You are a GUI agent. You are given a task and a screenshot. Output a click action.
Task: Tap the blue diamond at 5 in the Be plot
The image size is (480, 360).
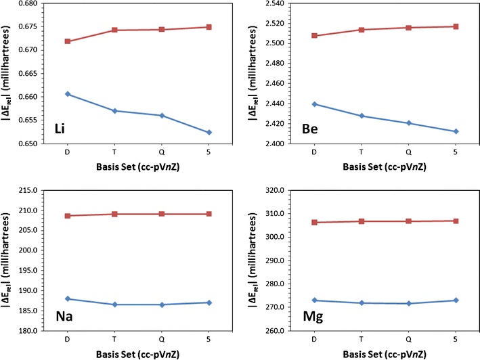point(456,131)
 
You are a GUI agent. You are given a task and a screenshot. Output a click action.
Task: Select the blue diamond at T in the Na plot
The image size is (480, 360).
point(115,305)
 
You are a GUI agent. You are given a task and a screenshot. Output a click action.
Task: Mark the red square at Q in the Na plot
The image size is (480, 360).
point(162,214)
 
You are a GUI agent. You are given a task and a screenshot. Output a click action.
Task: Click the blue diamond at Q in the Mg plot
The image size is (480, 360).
point(408,303)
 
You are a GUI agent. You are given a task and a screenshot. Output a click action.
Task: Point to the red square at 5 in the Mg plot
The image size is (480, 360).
point(456,221)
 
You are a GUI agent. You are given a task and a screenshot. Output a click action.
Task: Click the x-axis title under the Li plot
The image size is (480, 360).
point(139,168)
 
